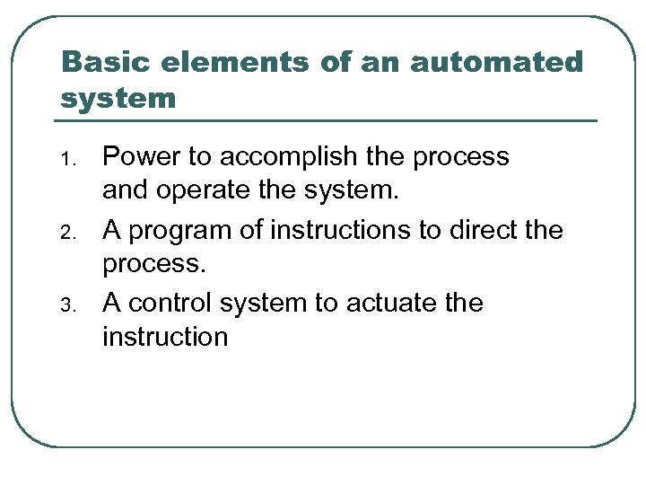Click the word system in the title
pyautogui.click(x=118, y=97)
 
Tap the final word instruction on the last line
pyautogui.click(x=165, y=337)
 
